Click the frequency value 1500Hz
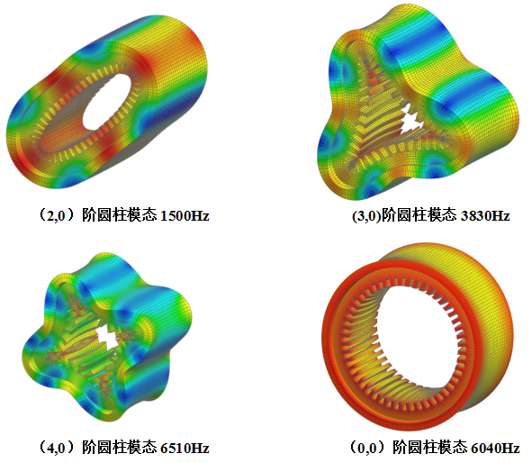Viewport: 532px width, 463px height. (x=185, y=216)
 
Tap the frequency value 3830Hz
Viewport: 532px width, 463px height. (x=485, y=216)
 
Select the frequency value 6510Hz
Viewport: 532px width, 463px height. (x=185, y=448)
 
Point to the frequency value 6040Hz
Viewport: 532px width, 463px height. (x=495, y=448)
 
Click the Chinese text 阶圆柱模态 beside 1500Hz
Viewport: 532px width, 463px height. (x=120, y=215)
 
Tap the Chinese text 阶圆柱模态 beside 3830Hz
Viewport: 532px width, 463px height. (x=419, y=215)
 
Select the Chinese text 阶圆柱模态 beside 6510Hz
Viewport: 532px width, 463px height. (x=120, y=448)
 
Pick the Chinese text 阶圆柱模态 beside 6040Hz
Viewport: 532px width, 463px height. (x=430, y=448)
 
